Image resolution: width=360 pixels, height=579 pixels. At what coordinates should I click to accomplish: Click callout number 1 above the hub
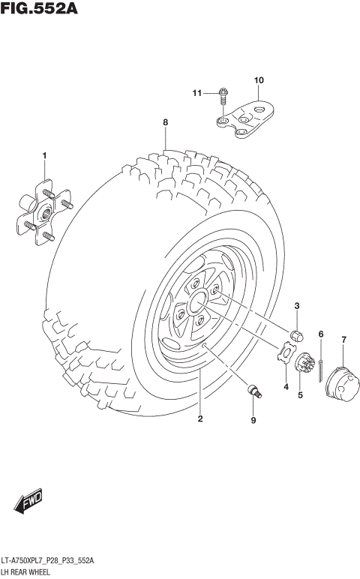[44, 155]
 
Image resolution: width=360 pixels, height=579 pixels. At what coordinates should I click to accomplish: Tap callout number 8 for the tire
[165, 122]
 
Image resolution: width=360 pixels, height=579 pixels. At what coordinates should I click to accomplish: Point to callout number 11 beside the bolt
[197, 93]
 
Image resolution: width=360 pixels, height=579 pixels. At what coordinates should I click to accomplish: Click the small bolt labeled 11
[223, 94]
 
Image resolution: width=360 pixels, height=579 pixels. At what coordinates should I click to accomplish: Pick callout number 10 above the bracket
[259, 80]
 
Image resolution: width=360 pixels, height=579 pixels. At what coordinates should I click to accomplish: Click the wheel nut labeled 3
[296, 335]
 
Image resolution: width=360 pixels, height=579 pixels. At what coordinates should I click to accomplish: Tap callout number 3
[296, 305]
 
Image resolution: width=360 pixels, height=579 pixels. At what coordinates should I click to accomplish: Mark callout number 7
[343, 340]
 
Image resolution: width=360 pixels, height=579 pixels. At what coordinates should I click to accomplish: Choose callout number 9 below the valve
[253, 420]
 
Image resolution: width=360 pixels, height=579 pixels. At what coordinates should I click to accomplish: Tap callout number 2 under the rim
[200, 418]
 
